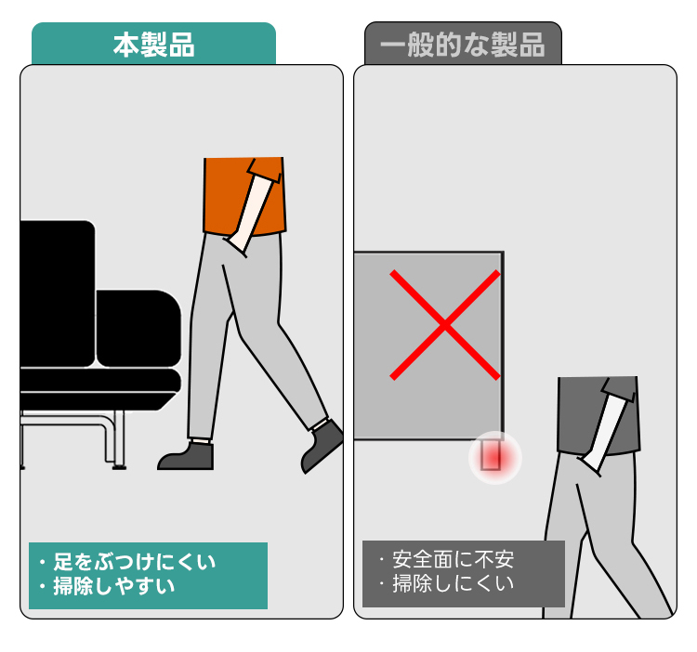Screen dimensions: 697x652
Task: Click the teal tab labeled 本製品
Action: [153, 44]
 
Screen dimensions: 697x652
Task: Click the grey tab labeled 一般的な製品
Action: [463, 44]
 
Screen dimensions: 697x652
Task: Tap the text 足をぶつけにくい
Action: [134, 562]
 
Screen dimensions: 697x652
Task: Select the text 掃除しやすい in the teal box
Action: [113, 586]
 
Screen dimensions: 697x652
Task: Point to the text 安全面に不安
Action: [453, 560]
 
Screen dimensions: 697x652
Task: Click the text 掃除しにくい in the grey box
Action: [453, 583]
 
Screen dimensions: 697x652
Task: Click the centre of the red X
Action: [445, 325]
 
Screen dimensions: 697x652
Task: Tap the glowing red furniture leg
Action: [491, 455]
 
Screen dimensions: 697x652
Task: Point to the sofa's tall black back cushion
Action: [58, 293]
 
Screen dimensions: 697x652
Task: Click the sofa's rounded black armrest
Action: [138, 329]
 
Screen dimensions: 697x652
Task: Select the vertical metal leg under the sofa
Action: [119, 439]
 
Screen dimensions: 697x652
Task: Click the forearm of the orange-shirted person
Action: [252, 215]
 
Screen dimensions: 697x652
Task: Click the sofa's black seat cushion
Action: [100, 380]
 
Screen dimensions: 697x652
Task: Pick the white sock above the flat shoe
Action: [201, 441]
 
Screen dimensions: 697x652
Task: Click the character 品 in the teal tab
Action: [181, 45]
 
